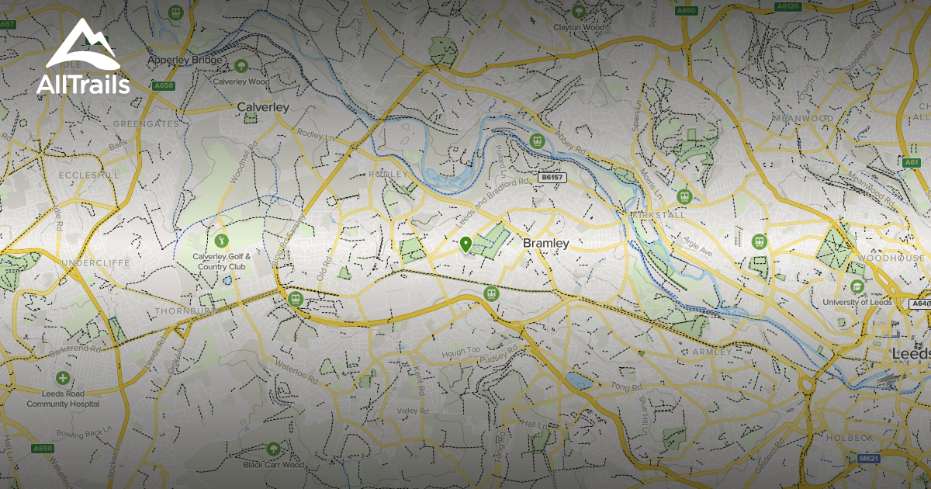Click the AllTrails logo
[x=83, y=58]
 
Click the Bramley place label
[x=545, y=243]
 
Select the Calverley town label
[x=262, y=107]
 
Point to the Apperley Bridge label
[x=185, y=60]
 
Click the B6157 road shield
[x=552, y=178]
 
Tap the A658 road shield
[x=164, y=85]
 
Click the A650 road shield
[x=43, y=448]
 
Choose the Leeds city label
[x=910, y=353]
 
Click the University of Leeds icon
[x=857, y=286]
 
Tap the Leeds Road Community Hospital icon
[x=62, y=379]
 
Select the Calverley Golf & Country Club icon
[x=221, y=241]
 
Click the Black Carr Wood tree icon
[x=273, y=449]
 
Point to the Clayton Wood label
[x=578, y=27]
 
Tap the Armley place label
[x=712, y=352]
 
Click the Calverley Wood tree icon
[x=241, y=66]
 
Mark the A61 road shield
[x=912, y=162]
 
